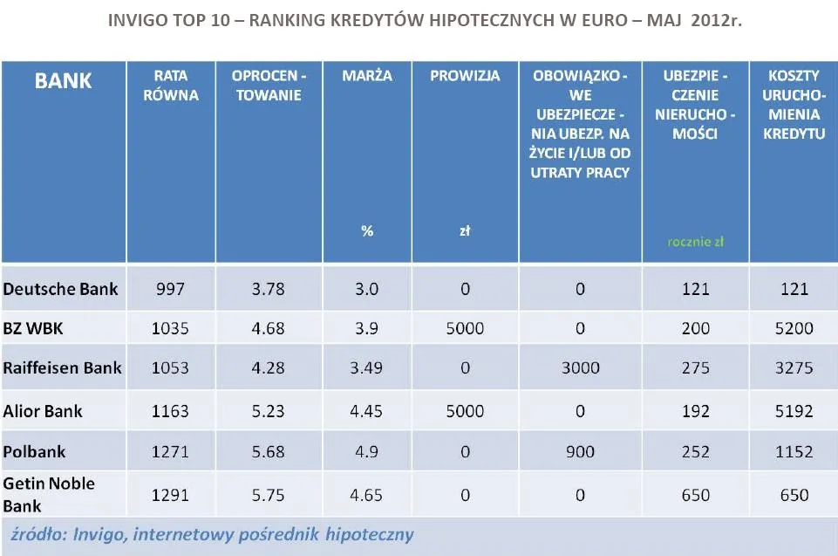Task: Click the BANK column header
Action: coord(64,81)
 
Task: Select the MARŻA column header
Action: coord(367,76)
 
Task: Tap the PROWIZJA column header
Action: coord(465,76)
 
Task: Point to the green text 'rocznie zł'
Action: coord(695,242)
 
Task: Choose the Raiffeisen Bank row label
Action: coord(63,367)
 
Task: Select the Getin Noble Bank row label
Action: coord(49,494)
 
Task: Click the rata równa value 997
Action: coord(170,288)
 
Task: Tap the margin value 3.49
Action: coord(367,367)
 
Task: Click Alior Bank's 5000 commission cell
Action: coord(465,410)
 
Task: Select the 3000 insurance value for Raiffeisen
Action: coord(580,367)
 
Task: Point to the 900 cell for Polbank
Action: coord(580,452)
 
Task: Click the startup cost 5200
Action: coord(794,328)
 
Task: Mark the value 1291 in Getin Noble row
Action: coord(170,495)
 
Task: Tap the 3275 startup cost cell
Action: coord(794,367)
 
